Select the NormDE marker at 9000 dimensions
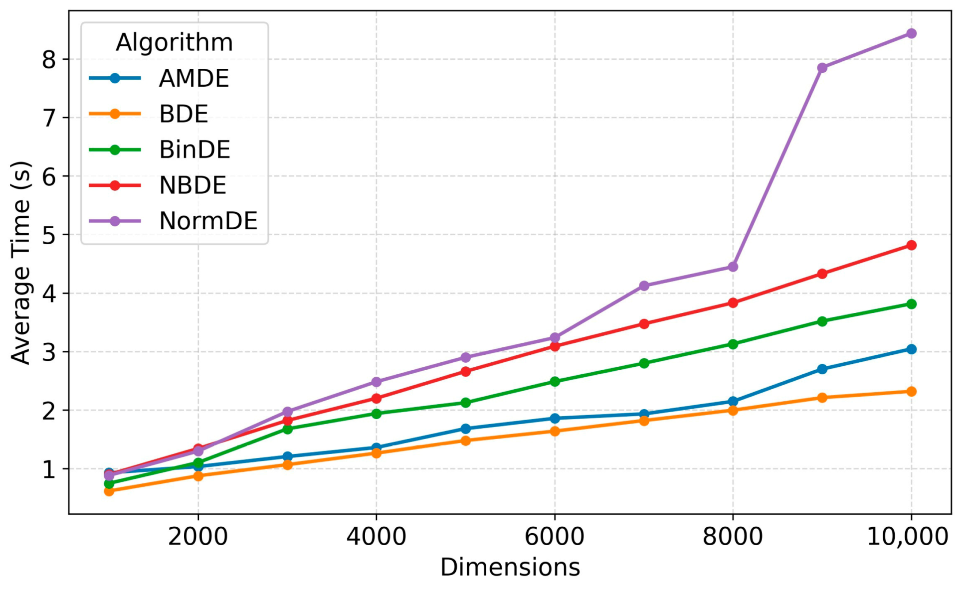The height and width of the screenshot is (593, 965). coord(822,68)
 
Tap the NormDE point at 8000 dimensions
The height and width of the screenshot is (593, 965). coord(733,267)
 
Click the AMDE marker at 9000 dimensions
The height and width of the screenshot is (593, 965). coord(822,369)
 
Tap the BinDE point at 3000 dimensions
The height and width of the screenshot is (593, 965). coord(287,429)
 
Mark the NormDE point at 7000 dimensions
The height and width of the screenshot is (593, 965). coord(644,286)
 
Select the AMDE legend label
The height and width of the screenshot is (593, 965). coord(194,79)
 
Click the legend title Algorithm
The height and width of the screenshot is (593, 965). coord(174,42)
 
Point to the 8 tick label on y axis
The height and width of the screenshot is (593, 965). coord(49,60)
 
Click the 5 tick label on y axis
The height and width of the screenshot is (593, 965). coord(49,235)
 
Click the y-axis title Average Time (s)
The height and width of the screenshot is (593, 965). coord(21,262)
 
